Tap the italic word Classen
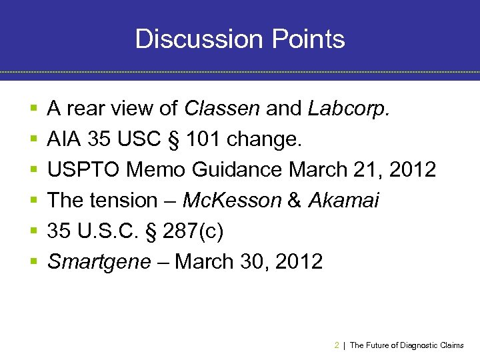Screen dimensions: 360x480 223,108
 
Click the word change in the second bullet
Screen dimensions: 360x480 265,139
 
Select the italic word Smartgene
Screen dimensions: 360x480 99,261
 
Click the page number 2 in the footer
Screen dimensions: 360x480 336,345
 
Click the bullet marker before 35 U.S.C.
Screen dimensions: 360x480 33,231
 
